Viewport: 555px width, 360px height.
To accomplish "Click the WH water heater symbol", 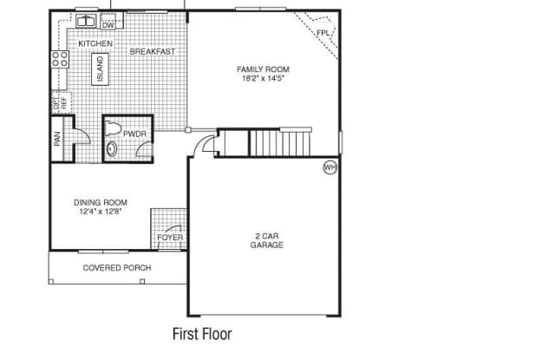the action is (330, 167).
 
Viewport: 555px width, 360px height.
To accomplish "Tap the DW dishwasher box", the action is (108, 22).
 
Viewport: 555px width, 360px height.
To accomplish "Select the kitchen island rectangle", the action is (101, 69).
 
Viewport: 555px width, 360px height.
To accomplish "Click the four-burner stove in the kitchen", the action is (60, 59).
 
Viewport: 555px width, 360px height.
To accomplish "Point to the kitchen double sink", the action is (86, 21).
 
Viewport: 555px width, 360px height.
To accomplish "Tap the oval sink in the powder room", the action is (112, 149).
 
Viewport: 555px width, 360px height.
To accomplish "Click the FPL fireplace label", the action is (323, 33).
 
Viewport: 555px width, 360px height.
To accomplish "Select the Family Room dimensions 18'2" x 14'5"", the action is (264, 78).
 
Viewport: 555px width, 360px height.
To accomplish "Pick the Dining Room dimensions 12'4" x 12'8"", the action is (101, 212).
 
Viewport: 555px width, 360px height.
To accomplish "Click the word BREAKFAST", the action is (153, 52).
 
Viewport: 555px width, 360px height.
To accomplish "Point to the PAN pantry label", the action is (57, 139).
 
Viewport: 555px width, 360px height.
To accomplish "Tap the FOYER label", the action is (170, 238).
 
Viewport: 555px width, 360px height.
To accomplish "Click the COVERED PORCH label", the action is (117, 268).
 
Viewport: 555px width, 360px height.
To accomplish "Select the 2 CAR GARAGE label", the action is (266, 240).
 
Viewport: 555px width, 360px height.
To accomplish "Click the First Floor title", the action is (202, 334).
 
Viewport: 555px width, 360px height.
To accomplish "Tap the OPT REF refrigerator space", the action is (61, 102).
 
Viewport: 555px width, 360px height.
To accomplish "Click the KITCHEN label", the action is (95, 43).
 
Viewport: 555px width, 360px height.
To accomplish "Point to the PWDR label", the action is (134, 134).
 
